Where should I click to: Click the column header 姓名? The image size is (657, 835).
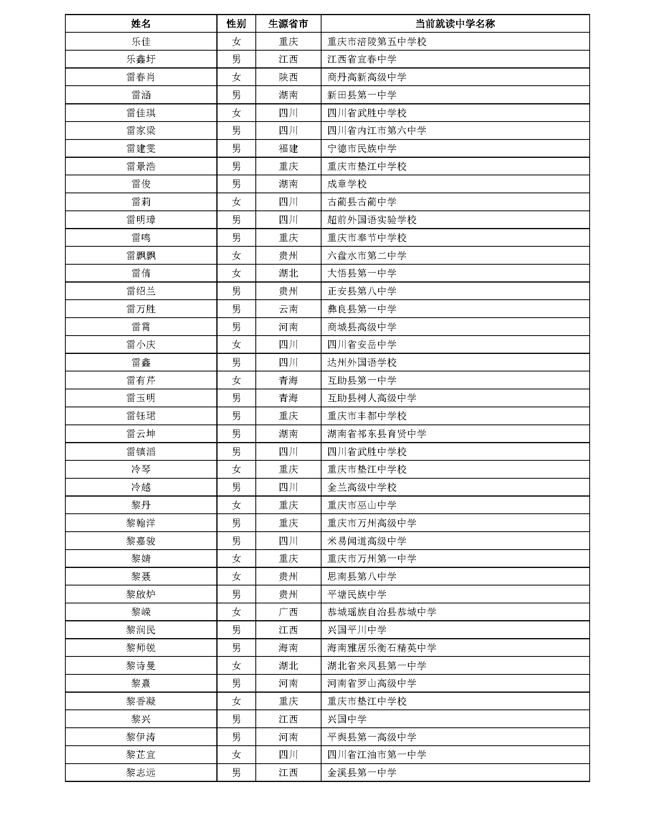[141, 24]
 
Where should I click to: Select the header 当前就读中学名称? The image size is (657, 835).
[455, 24]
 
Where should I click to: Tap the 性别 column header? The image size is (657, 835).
[236, 24]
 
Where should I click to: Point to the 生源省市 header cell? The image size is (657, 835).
[288, 24]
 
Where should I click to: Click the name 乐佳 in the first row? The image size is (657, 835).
[141, 41]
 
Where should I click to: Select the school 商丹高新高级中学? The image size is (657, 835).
[367, 77]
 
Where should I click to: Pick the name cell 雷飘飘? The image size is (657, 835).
[141, 255]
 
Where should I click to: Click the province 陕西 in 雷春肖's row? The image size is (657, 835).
[288, 77]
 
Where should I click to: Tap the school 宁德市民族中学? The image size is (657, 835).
[362, 148]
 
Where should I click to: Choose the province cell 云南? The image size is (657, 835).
[288, 309]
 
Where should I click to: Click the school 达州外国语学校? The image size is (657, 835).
[362, 362]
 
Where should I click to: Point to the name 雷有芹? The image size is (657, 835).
[141, 380]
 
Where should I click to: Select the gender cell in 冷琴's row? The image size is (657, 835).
[236, 469]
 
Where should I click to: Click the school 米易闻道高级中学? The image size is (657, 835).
[367, 541]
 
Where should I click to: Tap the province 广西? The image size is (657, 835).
[288, 612]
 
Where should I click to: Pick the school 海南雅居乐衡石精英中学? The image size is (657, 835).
[382, 648]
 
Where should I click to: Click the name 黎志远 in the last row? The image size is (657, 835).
[141, 773]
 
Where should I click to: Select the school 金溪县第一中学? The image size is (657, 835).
[362, 773]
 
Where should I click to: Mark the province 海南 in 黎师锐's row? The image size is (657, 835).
[288, 648]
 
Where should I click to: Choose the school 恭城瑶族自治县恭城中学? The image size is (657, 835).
[382, 612]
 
